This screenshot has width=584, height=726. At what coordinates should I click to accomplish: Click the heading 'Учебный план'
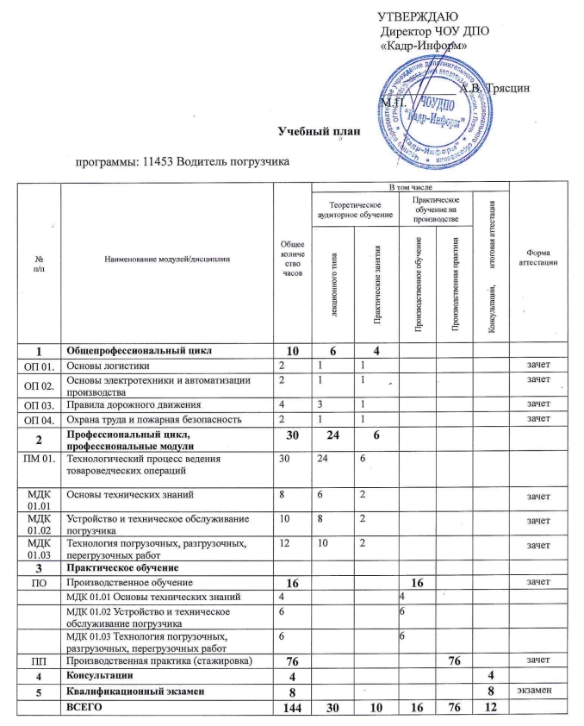click(316, 131)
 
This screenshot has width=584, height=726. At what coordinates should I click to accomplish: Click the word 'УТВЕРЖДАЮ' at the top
click(419, 16)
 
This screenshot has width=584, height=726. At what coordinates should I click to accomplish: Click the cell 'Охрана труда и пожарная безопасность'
click(160, 418)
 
